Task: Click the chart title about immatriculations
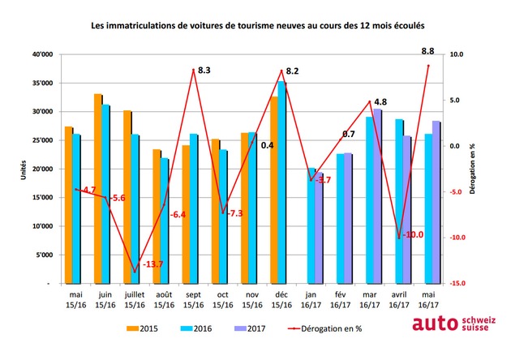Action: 257,26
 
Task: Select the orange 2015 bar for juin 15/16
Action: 98,189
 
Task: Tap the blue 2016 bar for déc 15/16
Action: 281,182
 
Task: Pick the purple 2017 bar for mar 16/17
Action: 377,196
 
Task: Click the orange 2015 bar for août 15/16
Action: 157,216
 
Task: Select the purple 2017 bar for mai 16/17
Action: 436,203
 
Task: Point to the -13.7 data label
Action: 152,264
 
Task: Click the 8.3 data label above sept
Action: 204,70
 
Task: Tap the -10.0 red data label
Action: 413,234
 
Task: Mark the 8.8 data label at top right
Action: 427,51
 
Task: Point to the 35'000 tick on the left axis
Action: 42,83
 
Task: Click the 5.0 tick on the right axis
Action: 454,101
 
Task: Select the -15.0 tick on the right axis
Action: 456,284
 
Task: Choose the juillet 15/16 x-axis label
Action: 135,300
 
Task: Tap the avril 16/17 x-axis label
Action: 399,300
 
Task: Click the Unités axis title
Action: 24,169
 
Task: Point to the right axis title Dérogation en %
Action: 472,169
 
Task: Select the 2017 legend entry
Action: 250,328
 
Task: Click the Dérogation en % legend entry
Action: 325,328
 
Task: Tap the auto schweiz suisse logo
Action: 454,324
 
